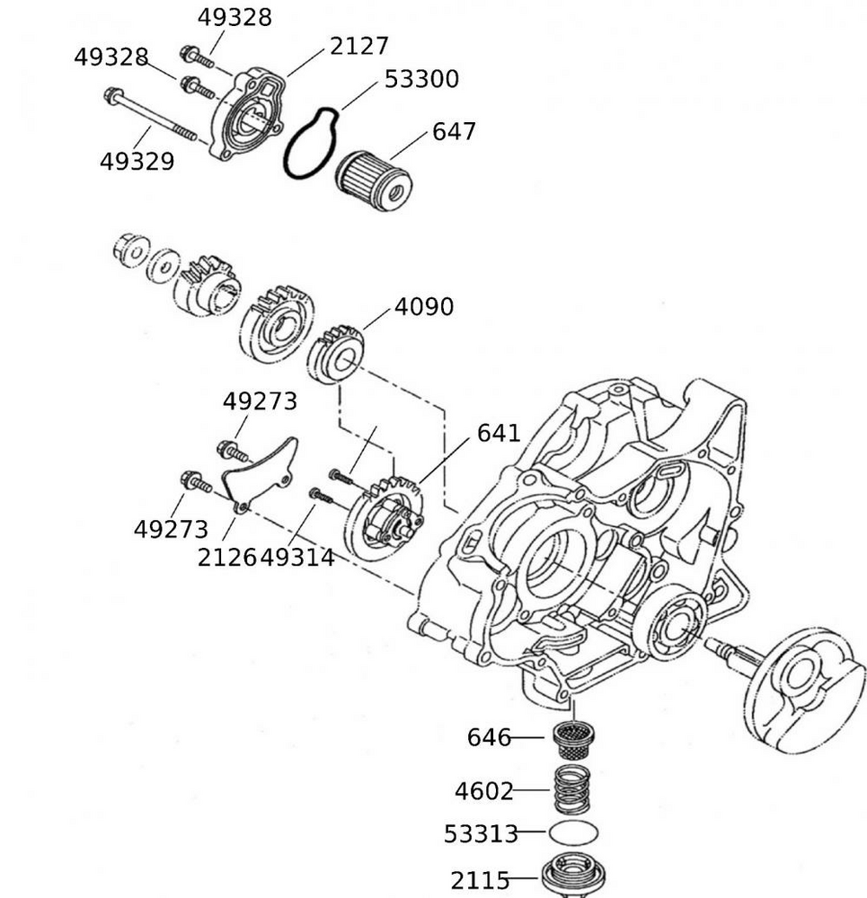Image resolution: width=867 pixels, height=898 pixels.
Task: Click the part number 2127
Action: click(x=358, y=46)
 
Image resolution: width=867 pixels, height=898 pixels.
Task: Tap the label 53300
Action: click(x=421, y=79)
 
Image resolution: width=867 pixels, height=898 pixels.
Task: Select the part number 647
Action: click(x=454, y=132)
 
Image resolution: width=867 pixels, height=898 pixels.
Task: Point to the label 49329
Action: click(x=137, y=163)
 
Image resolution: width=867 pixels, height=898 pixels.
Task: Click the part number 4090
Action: click(x=424, y=307)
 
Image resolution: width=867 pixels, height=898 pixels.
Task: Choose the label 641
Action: click(x=499, y=433)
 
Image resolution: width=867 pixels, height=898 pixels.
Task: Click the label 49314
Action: click(x=297, y=558)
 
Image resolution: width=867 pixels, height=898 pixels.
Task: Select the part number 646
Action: click(x=488, y=738)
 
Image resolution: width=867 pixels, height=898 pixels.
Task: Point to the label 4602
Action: click(x=483, y=792)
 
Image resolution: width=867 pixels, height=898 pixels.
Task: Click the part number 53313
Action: click(x=481, y=834)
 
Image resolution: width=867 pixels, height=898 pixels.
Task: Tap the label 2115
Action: click(x=480, y=880)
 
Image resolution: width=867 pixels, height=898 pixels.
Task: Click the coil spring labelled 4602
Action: click(x=575, y=788)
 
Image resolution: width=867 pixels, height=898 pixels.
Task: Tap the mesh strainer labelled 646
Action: click(x=575, y=738)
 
